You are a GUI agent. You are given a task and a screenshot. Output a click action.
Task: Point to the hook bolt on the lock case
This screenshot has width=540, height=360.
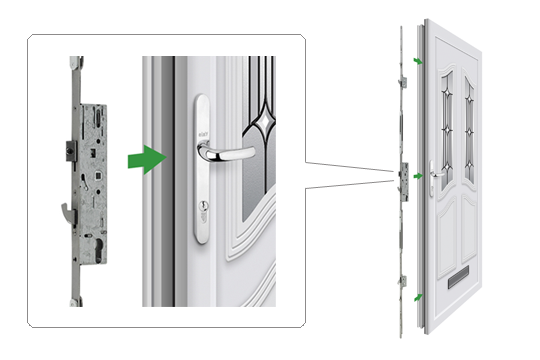(67, 211)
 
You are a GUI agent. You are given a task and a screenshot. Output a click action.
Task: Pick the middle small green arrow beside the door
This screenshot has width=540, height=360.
(416, 177)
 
